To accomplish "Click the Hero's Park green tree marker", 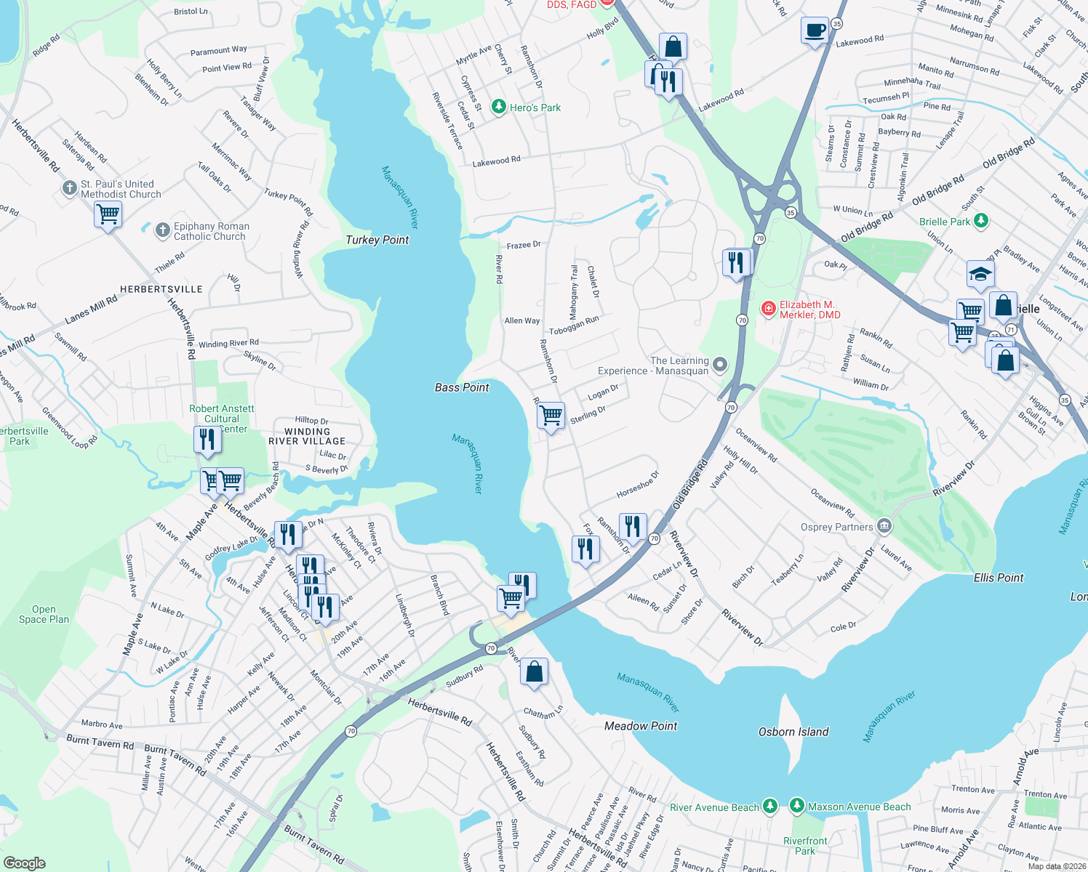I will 498,108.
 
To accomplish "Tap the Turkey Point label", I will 377,240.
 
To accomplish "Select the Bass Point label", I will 462,387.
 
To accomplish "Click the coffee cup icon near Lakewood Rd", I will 815,31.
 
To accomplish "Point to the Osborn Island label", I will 793,732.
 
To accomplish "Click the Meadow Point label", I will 641,726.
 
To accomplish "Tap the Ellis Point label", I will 999,578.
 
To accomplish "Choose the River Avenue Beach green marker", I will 769,806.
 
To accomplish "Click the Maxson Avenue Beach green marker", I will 797,806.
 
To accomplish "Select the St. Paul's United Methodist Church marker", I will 69,189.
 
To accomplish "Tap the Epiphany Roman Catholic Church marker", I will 162,231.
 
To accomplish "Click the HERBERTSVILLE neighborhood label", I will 161,289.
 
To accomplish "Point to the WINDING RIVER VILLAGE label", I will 307,436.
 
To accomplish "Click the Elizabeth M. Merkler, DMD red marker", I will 768,309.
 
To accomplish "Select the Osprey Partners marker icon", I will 884,525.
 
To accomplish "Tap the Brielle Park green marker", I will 981,220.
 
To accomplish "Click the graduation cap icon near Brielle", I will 980,275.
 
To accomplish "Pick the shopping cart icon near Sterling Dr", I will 551,416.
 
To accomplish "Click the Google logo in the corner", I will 25,863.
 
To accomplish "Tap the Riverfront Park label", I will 805,846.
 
